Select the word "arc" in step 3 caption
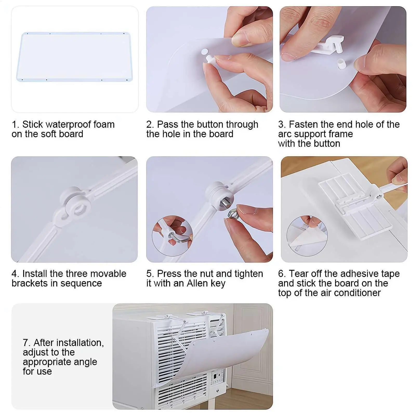click(285, 134)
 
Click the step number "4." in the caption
click(16, 274)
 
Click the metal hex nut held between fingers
click(233, 214)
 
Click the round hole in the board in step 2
click(204, 51)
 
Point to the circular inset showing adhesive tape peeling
click(307, 236)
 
